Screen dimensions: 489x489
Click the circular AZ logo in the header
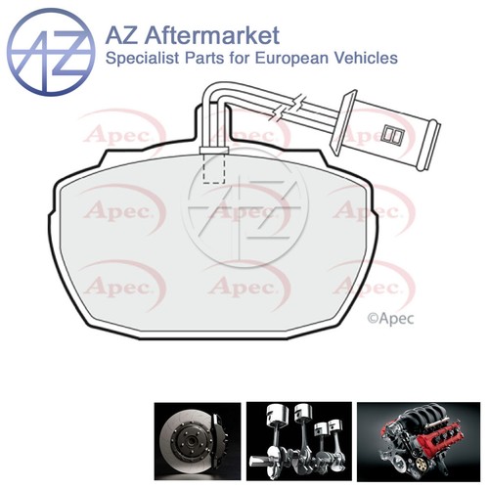(51, 52)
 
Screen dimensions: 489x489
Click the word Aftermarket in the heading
(211, 35)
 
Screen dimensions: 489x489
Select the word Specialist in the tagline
(143, 59)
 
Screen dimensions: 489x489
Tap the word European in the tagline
(289, 59)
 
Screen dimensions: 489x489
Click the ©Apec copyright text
(390, 319)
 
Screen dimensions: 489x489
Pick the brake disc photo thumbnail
(198, 441)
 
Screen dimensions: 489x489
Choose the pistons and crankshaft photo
(299, 441)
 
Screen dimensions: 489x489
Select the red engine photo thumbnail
(419, 442)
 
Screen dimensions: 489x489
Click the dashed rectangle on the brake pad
(214, 168)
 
